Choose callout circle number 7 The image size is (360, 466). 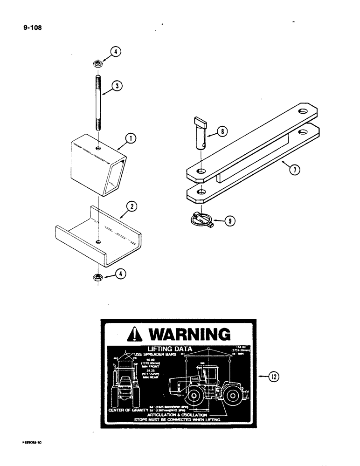pos(294,170)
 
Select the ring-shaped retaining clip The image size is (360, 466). pos(200,219)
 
